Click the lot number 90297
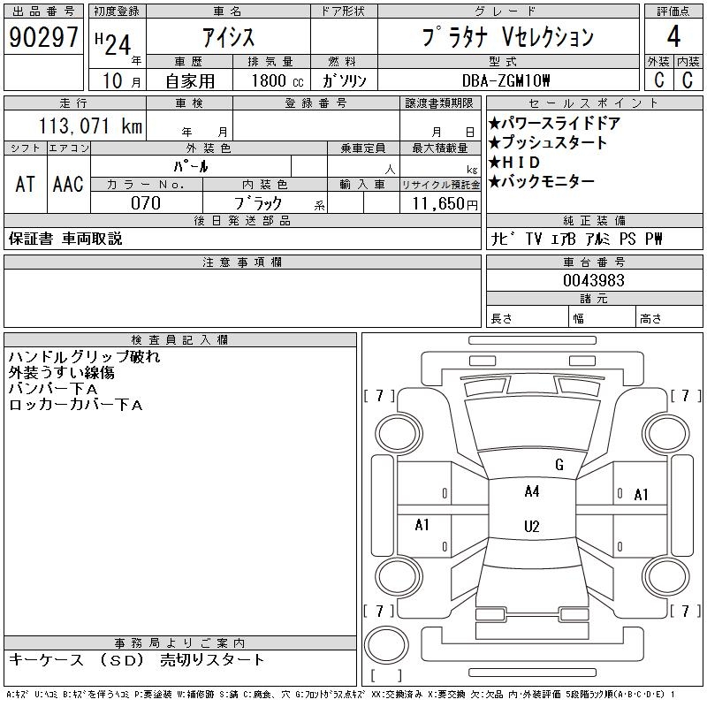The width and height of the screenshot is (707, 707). [43, 38]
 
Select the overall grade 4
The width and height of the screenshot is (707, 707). [673, 38]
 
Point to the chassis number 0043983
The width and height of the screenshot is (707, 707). [594, 280]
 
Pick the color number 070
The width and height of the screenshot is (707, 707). [146, 203]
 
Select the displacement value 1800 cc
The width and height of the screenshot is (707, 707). [276, 80]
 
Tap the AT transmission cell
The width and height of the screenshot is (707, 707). [25, 184]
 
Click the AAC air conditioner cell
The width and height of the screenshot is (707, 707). [68, 184]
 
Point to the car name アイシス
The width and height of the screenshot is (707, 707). [228, 37]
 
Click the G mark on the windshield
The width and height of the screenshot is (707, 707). [559, 465]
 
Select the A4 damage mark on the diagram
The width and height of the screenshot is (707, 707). [531, 491]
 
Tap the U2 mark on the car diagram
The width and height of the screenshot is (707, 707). [531, 527]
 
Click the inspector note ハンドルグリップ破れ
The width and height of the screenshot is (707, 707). [85, 357]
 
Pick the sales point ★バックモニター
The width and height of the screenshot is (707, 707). [541, 182]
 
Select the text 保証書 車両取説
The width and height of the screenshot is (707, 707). [65, 239]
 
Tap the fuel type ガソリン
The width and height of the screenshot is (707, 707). [345, 80]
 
